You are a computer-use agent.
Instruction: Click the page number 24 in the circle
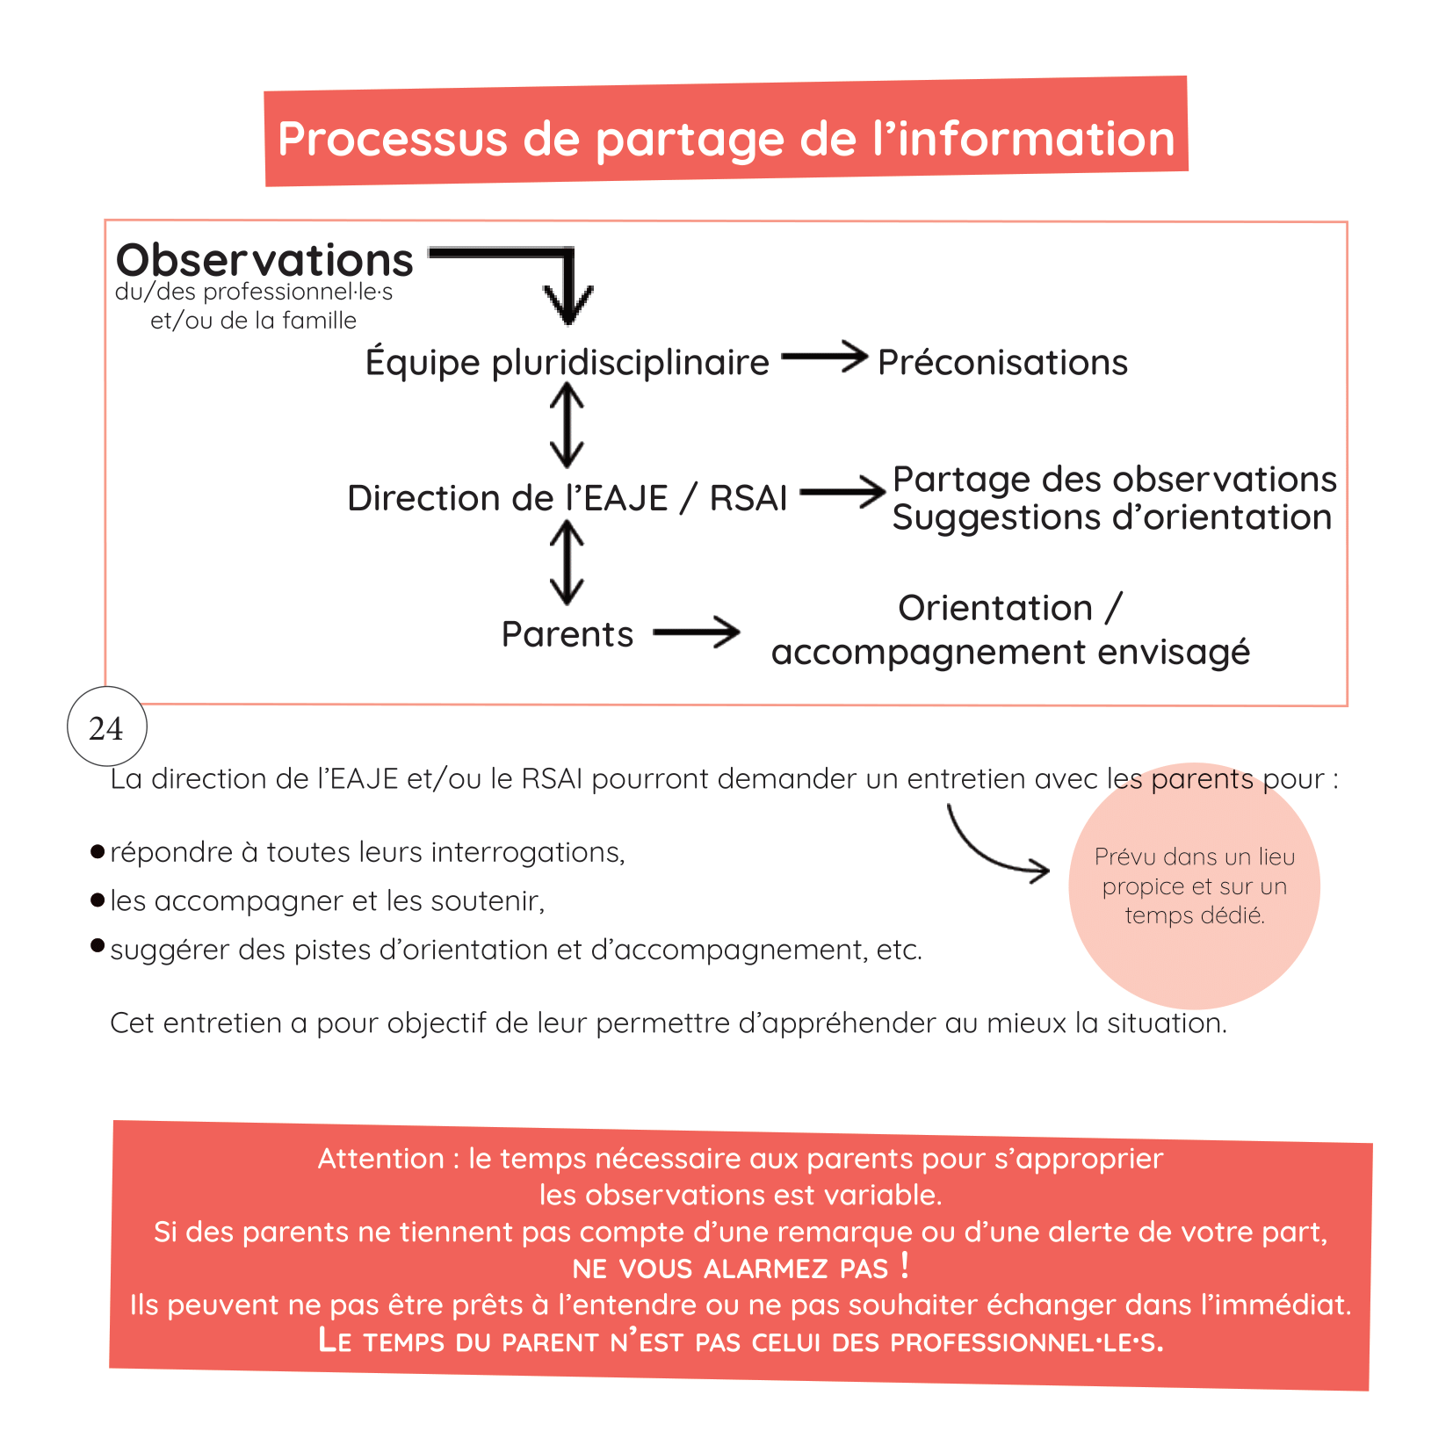coord(106,728)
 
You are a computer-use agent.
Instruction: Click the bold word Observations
coord(264,260)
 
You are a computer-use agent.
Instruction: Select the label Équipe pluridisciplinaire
coord(567,362)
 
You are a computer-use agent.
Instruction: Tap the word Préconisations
coord(1002,362)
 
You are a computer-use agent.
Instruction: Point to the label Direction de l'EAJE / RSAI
coord(567,498)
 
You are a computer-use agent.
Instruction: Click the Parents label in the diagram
coord(567,634)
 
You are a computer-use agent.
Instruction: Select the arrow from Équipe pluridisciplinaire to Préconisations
coord(824,357)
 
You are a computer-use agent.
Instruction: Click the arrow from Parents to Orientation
coord(697,632)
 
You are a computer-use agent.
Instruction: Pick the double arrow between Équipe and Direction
coord(567,427)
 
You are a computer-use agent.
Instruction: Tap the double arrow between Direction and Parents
coord(567,562)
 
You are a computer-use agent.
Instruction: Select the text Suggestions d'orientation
coord(1111,517)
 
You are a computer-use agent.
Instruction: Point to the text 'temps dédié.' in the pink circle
coord(1195,915)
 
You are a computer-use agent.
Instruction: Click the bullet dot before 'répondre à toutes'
coord(98,851)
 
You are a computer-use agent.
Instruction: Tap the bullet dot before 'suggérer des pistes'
coord(98,945)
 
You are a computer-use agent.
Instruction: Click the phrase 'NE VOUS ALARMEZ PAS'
coord(731,1269)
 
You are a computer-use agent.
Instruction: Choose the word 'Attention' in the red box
coord(381,1159)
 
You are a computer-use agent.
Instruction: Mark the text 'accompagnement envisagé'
coord(1010,652)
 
